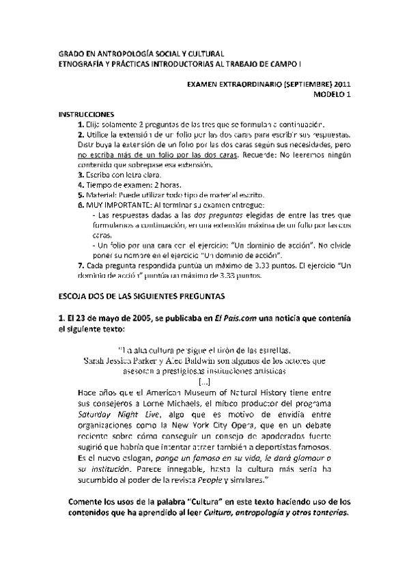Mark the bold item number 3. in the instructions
tap(81, 175)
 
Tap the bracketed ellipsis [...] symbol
tap(205, 381)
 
